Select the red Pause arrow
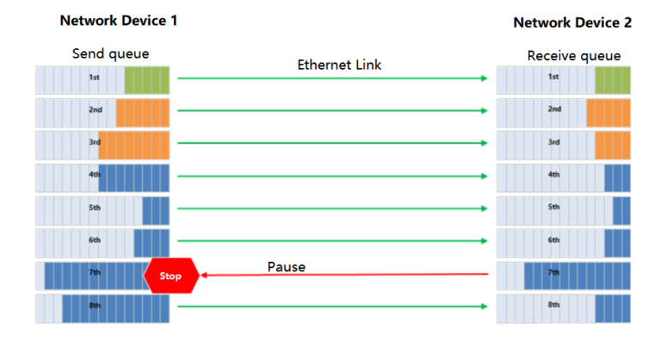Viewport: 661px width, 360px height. pyautogui.click(x=344, y=276)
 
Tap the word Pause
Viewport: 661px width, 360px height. pyautogui.click(x=286, y=267)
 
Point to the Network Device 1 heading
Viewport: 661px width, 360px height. pyautogui.click(x=119, y=20)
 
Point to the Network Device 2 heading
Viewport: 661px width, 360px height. pyautogui.click(x=572, y=22)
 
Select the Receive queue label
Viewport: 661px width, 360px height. pyautogui.click(x=573, y=56)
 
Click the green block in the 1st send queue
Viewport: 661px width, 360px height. pyautogui.click(x=147, y=80)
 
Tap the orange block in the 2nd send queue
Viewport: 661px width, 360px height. pyautogui.click(x=143, y=113)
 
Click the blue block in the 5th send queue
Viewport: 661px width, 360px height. pyautogui.click(x=156, y=210)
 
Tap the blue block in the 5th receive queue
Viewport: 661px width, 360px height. pyautogui.click(x=621, y=210)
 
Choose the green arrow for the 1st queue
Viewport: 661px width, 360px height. pyautogui.click(x=332, y=78)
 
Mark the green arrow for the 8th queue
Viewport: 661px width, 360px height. pyautogui.click(x=332, y=306)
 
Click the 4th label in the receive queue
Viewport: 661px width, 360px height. pyautogui.click(x=554, y=175)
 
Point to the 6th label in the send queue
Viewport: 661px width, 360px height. pyautogui.click(x=95, y=240)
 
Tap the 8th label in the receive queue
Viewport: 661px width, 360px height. pyautogui.click(x=554, y=305)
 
